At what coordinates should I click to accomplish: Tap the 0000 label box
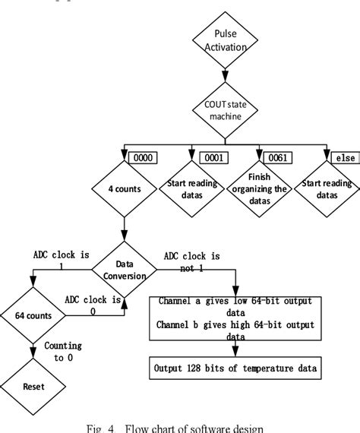[x=142, y=157]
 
